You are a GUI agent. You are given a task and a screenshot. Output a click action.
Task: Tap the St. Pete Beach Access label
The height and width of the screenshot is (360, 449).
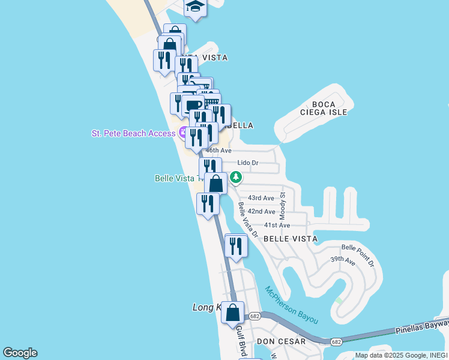click(x=133, y=133)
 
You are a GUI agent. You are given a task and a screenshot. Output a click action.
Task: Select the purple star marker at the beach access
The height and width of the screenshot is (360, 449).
click(x=181, y=133)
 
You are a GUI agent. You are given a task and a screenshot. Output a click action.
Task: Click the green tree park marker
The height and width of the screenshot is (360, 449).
click(x=237, y=177)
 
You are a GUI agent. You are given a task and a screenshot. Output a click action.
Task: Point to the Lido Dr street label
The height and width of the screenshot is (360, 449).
click(x=247, y=163)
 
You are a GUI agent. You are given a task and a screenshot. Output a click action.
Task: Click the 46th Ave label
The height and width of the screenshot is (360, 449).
click(x=218, y=151)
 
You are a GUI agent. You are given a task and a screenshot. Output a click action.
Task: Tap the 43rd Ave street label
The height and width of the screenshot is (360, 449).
click(x=261, y=198)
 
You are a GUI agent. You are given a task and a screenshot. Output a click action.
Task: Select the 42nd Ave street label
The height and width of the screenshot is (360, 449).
click(x=261, y=212)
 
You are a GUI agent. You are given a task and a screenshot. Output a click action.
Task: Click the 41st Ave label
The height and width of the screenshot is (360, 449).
click(x=277, y=226)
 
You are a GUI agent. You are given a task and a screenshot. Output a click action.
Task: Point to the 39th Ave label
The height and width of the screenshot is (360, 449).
click(x=343, y=260)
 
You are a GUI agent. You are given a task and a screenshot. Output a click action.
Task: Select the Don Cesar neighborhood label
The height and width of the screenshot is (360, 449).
click(x=282, y=341)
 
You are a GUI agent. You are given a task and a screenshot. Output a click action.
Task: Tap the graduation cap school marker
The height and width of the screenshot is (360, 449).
click(x=195, y=7)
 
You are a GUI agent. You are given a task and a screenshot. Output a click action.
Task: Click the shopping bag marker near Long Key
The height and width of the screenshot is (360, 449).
click(x=232, y=313)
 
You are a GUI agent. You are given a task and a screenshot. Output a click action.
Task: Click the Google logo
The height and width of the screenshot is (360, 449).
click(x=20, y=353)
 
